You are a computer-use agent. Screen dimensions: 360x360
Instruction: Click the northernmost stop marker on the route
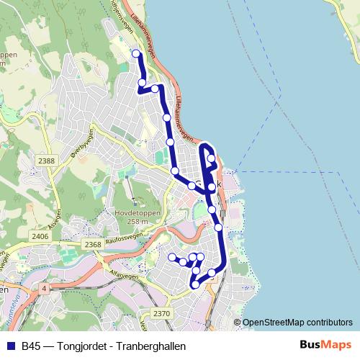pyautogui.click(x=135, y=53)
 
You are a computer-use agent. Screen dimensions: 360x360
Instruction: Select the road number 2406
pyautogui.click(x=40, y=236)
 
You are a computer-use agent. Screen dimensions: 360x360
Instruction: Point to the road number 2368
pyautogui.click(x=92, y=245)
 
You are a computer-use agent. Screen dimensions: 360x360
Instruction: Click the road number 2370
pyautogui.click(x=162, y=313)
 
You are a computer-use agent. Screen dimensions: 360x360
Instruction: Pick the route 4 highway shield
pyautogui.click(x=44, y=288)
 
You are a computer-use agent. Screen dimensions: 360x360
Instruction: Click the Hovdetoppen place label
pyautogui.click(x=136, y=213)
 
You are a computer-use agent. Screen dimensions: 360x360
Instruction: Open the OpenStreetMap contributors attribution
pyautogui.click(x=297, y=323)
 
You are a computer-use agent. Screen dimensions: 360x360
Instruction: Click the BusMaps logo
pyautogui.click(x=325, y=345)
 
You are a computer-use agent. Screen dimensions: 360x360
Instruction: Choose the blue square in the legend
pyautogui.click(x=10, y=346)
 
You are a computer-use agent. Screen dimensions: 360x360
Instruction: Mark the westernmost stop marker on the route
pyautogui.click(x=172, y=257)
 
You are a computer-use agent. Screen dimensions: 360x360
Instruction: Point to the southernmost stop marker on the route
pyautogui.click(x=194, y=285)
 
